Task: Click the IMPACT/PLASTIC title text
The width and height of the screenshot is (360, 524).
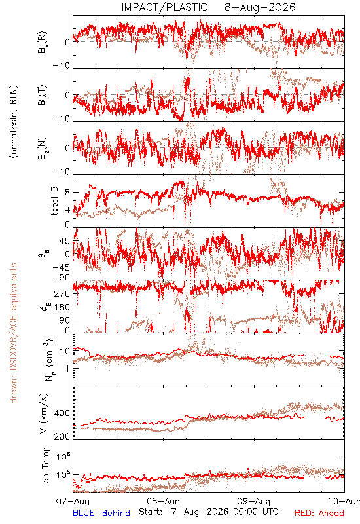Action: tap(164, 7)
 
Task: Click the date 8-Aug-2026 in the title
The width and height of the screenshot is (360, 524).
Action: tap(260, 7)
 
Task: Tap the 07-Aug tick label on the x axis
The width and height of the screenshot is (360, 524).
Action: tap(73, 501)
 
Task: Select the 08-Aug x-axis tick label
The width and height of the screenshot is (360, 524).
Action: tap(164, 501)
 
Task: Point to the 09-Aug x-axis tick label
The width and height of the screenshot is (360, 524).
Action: tap(254, 501)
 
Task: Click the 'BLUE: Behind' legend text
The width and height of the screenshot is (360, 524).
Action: tap(101, 514)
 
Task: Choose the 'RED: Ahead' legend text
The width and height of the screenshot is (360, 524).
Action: tap(319, 514)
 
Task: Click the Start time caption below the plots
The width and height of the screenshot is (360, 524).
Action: tap(209, 512)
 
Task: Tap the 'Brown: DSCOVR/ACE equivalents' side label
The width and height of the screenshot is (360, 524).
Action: tap(13, 333)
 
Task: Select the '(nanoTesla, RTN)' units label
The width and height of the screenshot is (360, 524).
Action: tap(14, 122)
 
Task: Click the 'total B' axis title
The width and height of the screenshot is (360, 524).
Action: tap(54, 200)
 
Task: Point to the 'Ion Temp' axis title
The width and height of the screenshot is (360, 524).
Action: tap(46, 466)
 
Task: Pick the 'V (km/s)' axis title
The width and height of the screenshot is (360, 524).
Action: tap(44, 413)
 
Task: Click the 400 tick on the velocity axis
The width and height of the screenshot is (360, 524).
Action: tap(62, 413)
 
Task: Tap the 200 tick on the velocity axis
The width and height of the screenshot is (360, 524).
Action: tap(62, 436)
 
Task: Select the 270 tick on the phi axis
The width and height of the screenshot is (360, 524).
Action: tap(62, 294)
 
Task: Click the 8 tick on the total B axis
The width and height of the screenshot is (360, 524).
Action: tap(67, 193)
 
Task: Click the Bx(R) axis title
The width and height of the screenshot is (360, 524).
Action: tap(43, 43)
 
